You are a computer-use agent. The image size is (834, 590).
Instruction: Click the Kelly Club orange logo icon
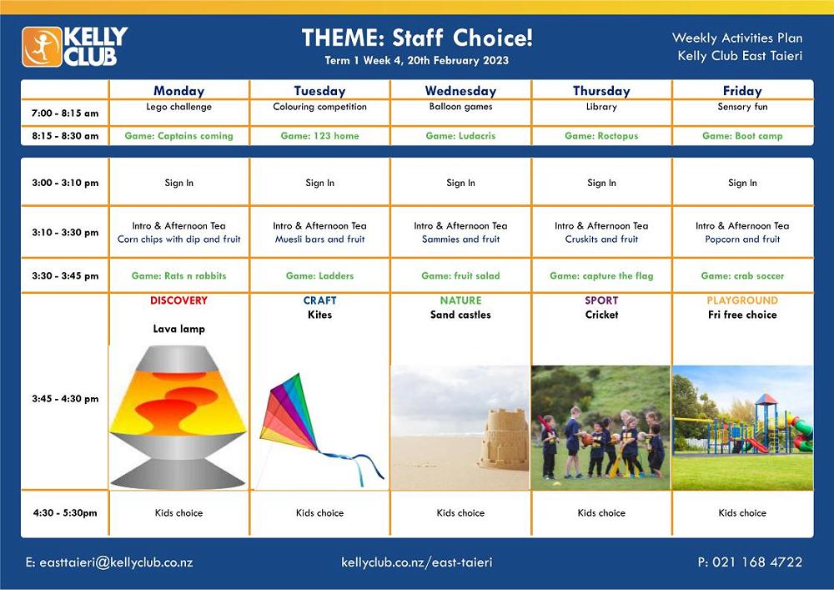coord(42,47)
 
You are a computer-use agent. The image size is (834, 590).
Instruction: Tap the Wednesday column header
coord(460,91)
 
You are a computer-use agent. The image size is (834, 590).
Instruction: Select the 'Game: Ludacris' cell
coord(460,136)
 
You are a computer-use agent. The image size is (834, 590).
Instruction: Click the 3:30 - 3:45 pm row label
coord(65,275)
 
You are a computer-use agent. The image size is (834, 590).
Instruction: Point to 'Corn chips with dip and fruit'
coord(178,240)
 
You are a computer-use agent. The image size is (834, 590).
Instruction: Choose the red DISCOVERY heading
coord(178,300)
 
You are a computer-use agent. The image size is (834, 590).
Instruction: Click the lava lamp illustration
coord(178,417)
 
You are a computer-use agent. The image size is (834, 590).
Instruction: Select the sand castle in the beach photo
coord(504,440)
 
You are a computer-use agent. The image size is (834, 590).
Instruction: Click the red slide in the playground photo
coord(756,445)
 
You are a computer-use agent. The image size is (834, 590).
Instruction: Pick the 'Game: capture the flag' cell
coord(601,275)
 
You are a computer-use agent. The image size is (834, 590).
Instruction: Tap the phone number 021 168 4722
coord(757,562)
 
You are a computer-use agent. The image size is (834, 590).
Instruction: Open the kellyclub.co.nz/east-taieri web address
coord(417,562)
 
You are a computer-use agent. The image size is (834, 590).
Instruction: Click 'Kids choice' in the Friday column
coord(742,513)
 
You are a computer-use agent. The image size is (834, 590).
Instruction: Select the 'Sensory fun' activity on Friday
coord(742,107)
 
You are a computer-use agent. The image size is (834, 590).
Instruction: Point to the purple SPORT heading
coord(601,300)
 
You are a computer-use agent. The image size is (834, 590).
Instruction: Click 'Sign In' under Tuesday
coord(319,183)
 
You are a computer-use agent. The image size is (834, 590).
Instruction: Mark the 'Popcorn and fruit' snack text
coord(742,240)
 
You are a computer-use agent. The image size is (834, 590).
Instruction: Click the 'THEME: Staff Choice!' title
coord(417,38)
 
